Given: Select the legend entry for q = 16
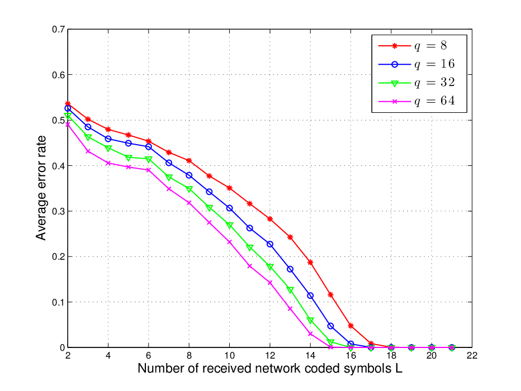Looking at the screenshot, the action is click(416, 64).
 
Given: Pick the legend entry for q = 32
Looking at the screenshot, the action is click(416, 83).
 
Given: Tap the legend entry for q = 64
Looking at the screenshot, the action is click(416, 101).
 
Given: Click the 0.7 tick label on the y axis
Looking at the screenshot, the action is click(59, 30).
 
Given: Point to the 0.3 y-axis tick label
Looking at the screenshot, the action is click(59, 211).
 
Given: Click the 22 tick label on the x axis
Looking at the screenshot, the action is click(472, 356).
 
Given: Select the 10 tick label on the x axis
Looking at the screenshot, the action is click(229, 356).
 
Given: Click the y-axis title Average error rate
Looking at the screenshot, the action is click(41, 188).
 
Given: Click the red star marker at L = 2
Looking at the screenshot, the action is click(68, 104).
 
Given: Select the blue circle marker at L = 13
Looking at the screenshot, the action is click(290, 269).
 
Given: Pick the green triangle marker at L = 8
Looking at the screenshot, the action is click(189, 189).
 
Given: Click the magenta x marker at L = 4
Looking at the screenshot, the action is click(108, 163).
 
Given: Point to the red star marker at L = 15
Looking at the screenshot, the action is click(330, 295).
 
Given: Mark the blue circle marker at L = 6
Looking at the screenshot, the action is click(149, 147).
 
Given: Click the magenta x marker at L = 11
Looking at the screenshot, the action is click(249, 266).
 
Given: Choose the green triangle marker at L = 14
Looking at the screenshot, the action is click(310, 320).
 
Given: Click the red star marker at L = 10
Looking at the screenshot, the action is click(229, 188).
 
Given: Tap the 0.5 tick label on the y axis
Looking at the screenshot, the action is click(59, 120).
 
